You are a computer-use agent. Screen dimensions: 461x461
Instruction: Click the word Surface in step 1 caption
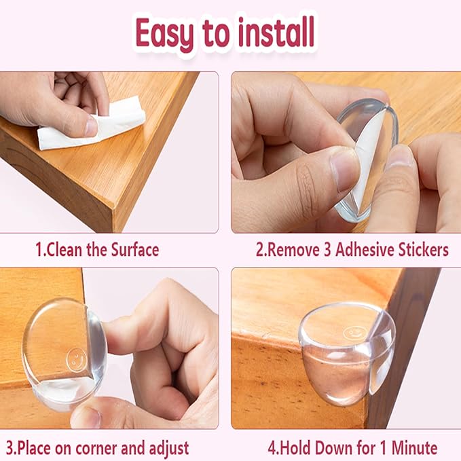click(131, 249)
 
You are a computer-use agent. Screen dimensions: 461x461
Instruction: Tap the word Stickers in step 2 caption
click(423, 249)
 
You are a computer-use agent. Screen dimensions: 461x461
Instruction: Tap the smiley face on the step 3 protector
click(77, 356)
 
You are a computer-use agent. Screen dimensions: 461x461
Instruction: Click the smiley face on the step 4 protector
click(352, 333)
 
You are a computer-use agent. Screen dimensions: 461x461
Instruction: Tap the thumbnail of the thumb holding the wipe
click(90, 126)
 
